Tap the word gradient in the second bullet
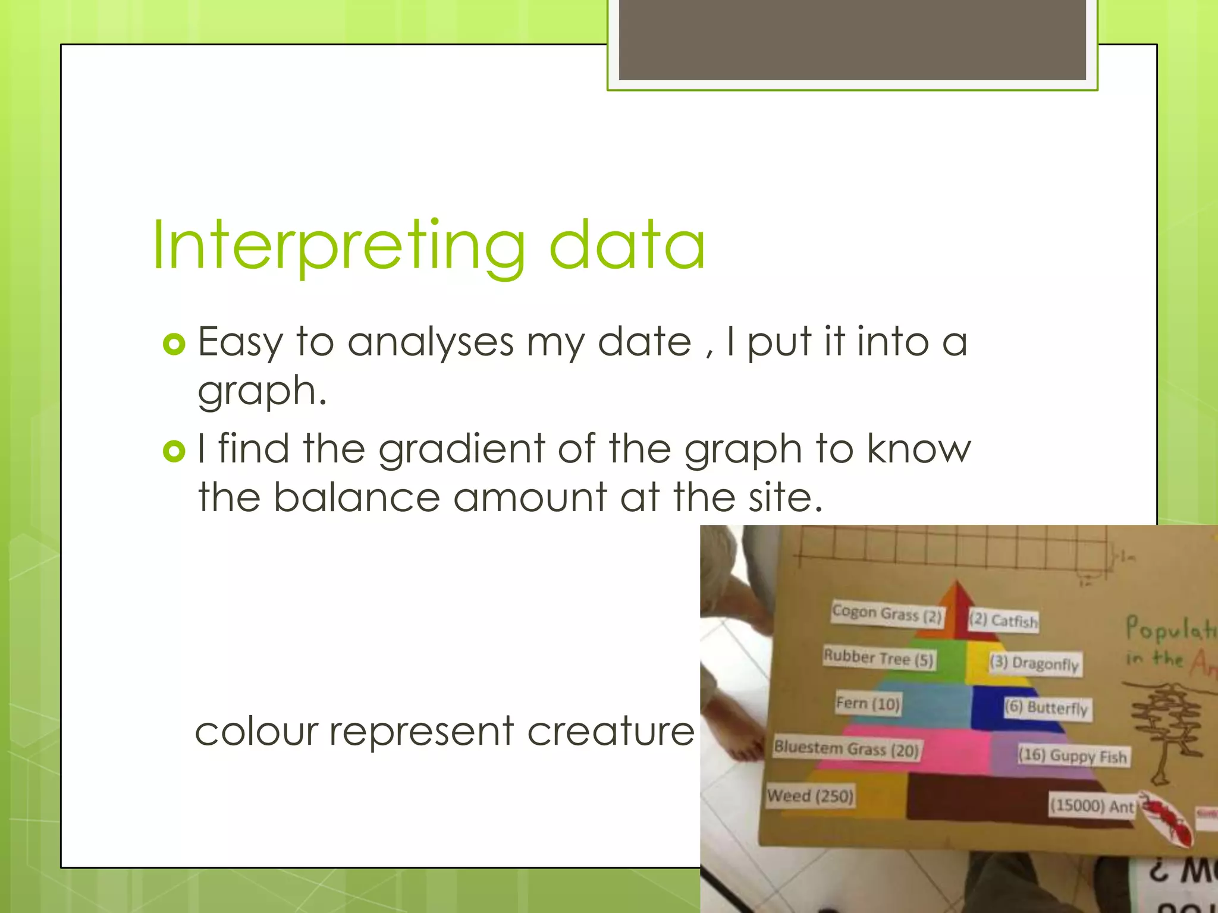tap(462, 449)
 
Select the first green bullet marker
tap(174, 344)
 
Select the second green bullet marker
tap(174, 452)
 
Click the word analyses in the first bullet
tap(431, 342)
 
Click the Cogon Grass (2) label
tap(887, 613)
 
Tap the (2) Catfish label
tap(1004, 621)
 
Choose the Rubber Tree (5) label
tap(878, 658)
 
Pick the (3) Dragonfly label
tap(1034, 663)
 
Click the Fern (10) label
tap(868, 704)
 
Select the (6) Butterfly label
tap(1047, 707)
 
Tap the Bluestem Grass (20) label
tap(846, 749)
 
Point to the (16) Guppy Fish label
tap(1073, 755)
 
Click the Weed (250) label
tap(810, 795)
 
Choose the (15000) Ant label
tap(1092, 806)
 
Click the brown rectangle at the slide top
tap(852, 40)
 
